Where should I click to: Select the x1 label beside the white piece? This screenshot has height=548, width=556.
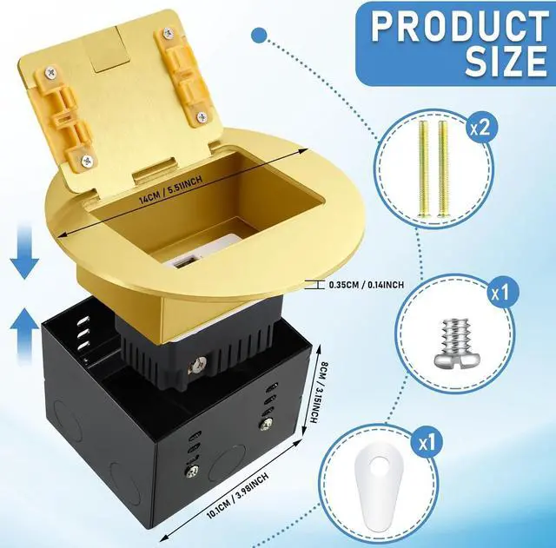pyautogui.click(x=498, y=443)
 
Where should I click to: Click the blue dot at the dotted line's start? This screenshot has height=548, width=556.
pyautogui.click(x=257, y=35)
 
